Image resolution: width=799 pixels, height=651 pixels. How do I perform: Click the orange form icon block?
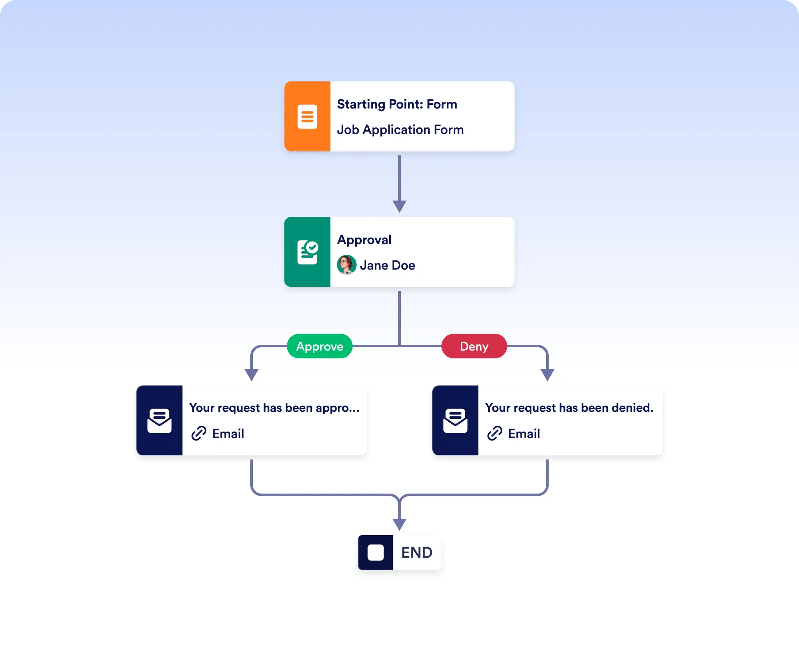click(x=307, y=116)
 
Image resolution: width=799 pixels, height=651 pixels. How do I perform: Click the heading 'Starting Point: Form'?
click(x=397, y=104)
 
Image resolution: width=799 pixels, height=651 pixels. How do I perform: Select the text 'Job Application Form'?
click(x=400, y=130)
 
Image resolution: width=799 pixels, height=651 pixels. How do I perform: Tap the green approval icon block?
click(x=307, y=252)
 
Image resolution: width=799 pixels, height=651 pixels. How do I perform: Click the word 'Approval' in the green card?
click(x=364, y=240)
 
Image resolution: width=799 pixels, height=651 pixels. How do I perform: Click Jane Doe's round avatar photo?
click(x=346, y=265)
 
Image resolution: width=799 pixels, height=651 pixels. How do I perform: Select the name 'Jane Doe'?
click(x=388, y=265)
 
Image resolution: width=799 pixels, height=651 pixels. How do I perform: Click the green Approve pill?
click(x=320, y=346)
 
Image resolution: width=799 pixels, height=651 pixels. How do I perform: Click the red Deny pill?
click(x=474, y=346)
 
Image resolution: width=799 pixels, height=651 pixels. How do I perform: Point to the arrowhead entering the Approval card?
click(x=399, y=206)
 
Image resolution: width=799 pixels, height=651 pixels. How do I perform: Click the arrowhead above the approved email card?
click(x=252, y=375)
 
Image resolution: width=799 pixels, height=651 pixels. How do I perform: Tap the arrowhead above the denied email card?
click(x=547, y=375)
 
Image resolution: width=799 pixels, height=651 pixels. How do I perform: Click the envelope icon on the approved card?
click(x=159, y=420)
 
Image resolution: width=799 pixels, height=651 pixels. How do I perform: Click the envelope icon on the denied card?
click(x=455, y=420)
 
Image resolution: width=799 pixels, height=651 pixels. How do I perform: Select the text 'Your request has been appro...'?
click(x=275, y=408)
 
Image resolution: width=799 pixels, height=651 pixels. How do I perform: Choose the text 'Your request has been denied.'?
click(x=569, y=408)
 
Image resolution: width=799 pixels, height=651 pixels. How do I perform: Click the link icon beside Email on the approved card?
click(x=199, y=434)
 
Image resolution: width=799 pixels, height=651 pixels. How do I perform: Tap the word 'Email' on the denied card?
click(x=524, y=434)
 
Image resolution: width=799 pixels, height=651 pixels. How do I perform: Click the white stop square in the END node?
click(x=376, y=552)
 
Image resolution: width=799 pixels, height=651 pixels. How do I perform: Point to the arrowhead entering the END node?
click(x=399, y=524)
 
